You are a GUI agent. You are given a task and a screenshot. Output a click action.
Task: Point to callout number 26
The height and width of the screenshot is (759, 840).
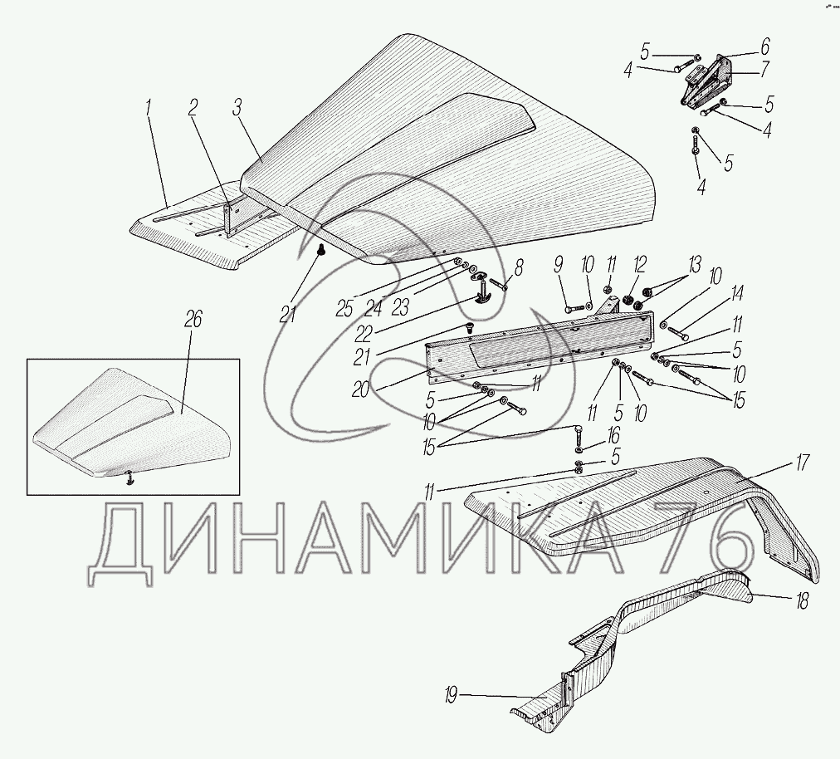[x=193, y=321]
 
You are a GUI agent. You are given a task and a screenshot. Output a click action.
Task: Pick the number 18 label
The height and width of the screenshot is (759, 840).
[x=802, y=601]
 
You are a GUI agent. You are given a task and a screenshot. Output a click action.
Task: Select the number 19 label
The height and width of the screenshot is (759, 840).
[x=451, y=697]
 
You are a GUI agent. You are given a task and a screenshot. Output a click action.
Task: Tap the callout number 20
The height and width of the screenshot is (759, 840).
[x=360, y=389]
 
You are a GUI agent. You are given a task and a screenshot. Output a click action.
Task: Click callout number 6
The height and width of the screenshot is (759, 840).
[x=764, y=47]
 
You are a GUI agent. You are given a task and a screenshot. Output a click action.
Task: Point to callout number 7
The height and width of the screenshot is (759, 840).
[x=764, y=69]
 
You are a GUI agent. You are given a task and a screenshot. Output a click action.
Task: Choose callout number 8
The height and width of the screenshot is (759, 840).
[x=518, y=267]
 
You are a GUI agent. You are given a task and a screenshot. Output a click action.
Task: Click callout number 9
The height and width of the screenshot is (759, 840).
[x=559, y=265]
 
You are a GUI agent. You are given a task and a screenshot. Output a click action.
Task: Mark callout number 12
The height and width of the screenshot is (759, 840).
[x=639, y=265]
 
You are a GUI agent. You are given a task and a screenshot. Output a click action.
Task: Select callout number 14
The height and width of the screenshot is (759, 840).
[x=737, y=293]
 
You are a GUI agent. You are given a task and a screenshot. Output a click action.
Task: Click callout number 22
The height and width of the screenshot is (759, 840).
[x=363, y=334]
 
